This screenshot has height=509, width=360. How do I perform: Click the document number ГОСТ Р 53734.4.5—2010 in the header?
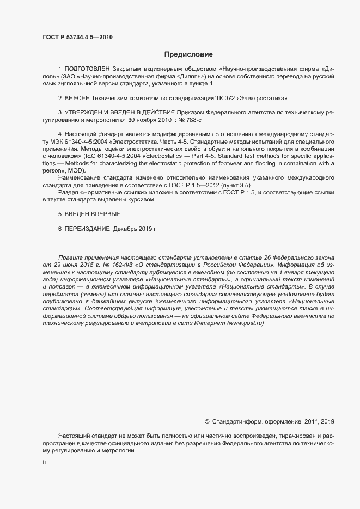click(x=77, y=37)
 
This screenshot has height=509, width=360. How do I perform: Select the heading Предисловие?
click(x=188, y=54)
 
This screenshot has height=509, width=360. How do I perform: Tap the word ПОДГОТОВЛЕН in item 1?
click(x=87, y=70)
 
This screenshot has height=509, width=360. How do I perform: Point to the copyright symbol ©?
click(x=206, y=421)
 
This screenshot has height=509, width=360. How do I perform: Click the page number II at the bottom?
click(x=44, y=462)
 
